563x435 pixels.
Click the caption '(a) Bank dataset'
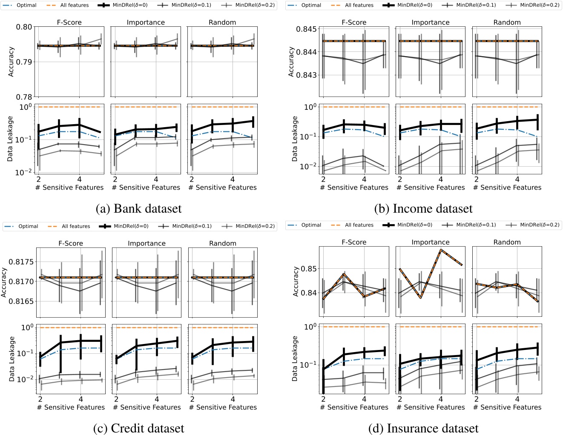point(139,209)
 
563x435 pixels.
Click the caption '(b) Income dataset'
point(423,209)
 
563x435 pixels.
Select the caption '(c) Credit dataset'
point(139,428)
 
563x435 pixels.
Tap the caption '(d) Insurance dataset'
point(423,428)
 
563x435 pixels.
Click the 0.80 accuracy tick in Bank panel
point(24,27)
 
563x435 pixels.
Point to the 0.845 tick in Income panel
point(306,29)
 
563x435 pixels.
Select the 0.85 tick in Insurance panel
point(309,269)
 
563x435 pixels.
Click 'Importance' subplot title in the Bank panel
point(146,22)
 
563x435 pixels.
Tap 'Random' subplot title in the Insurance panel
point(507,242)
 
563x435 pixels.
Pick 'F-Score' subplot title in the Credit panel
point(71,243)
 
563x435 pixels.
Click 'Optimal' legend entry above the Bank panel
point(26,5)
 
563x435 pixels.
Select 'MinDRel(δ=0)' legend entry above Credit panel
point(131,226)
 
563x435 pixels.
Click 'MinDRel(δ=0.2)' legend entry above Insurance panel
point(540,225)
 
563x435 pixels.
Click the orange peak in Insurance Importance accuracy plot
point(441,250)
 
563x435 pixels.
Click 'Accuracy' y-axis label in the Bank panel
point(11,62)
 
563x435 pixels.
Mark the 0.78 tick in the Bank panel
point(24,97)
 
